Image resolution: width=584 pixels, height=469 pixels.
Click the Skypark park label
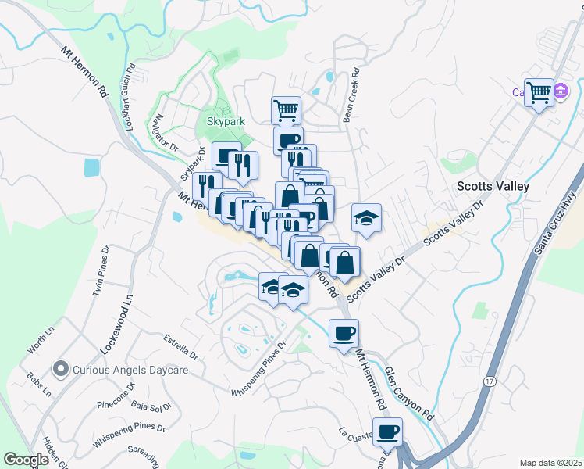pos(226,121)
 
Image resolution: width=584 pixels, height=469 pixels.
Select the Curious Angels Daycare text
pos(130,369)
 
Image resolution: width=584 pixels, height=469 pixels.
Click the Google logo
pos(26,460)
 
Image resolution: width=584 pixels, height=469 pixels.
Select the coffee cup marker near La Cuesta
pos(387,431)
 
